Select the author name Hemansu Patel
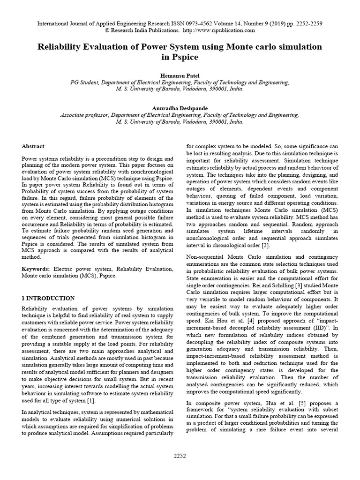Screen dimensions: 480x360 [x=180, y=75]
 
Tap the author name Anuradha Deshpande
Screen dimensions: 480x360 [x=180, y=108]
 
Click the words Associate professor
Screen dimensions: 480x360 [x=83, y=114]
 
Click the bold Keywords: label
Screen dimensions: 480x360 [x=36, y=269]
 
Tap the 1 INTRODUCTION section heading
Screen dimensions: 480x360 [x=48, y=298]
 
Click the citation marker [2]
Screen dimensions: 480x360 [x=265, y=246]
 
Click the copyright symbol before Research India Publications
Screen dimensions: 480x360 [x=109, y=30]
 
